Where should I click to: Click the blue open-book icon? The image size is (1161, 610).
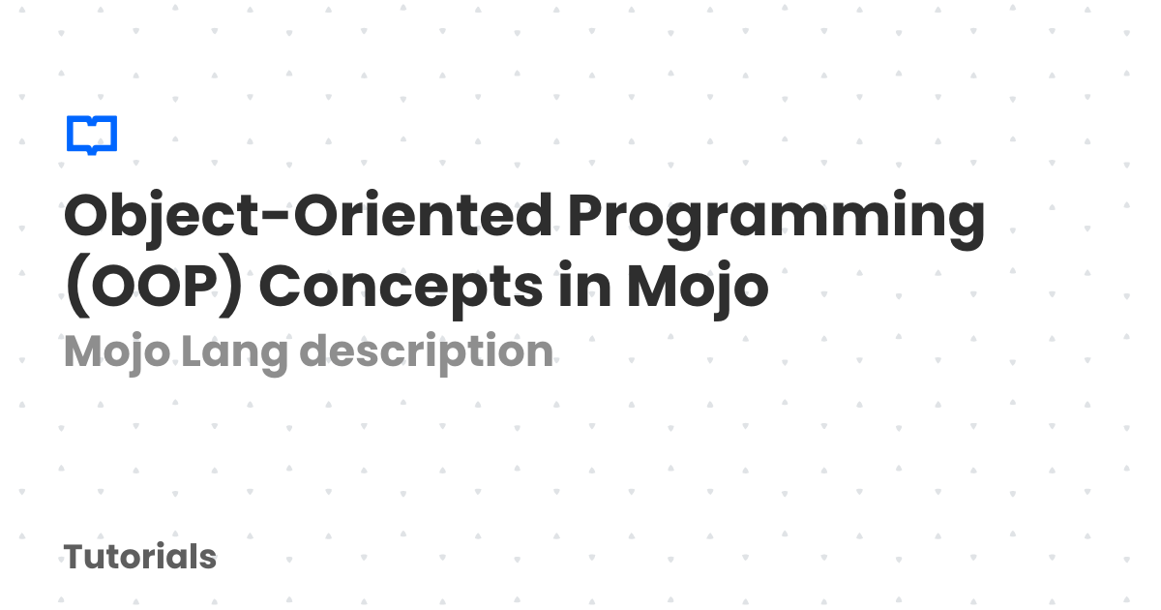92,135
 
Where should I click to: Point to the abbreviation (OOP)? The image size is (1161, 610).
154,286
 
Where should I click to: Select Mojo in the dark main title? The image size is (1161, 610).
698,290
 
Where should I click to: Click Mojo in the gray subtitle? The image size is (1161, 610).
117,353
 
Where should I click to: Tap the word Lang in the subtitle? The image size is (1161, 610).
234,353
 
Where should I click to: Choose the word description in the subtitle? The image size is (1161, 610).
426,352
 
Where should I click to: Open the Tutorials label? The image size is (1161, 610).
140,557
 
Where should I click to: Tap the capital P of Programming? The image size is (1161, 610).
588,214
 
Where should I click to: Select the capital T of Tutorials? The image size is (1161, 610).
77,556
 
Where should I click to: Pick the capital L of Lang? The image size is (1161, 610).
193,351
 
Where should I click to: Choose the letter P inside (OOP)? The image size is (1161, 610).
197,286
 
